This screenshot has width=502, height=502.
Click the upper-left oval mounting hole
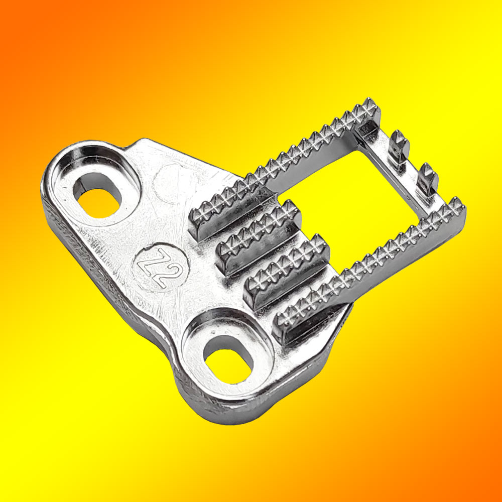tap(98, 196)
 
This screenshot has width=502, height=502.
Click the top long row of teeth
tap(285, 167)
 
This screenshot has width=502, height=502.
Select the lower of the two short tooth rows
tap(286, 272)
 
